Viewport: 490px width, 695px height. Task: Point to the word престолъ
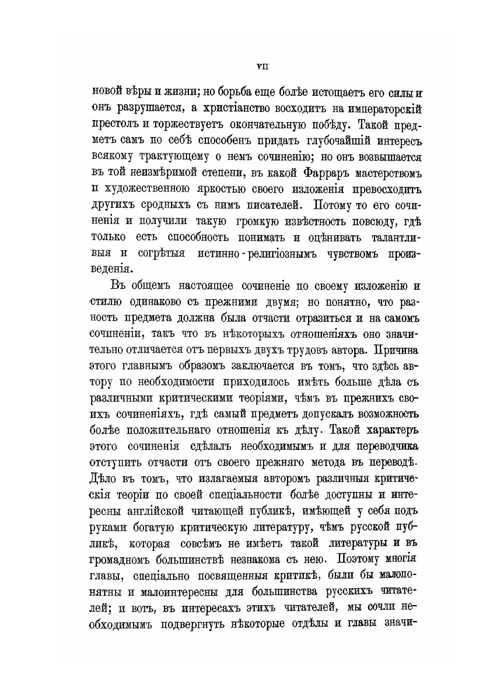(117, 125)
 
